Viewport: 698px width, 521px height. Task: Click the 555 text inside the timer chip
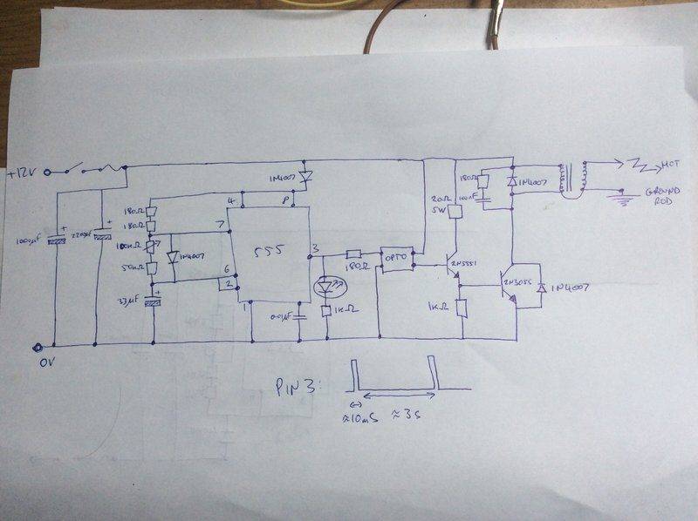tap(269, 252)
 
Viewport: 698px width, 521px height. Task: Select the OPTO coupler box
tap(396, 259)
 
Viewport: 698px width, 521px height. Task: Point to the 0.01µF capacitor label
tap(282, 315)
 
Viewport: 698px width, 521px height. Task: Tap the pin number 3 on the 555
tap(315, 248)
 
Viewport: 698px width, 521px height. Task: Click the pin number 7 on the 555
tap(231, 226)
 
